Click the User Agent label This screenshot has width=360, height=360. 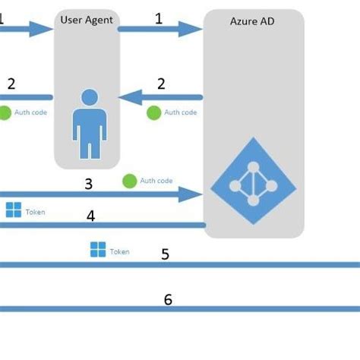87,19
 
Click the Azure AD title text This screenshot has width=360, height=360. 252,21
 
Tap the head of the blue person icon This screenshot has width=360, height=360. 90,97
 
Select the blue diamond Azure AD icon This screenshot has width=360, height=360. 252,182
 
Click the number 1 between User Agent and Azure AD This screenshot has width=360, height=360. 159,18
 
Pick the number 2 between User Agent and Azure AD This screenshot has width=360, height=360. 161,84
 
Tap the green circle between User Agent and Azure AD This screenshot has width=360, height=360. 153,112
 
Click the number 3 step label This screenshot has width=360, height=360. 89,183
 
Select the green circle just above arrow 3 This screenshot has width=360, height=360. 129,182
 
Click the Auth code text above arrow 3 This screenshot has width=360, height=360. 156,182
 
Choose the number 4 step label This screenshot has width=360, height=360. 90,216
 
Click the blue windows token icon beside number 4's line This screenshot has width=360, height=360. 14,210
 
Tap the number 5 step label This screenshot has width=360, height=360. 165,254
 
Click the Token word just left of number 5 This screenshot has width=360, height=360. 119,251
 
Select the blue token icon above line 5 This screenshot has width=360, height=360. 98,250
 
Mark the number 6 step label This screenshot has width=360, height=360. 168,299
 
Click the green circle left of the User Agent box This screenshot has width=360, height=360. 5,112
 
